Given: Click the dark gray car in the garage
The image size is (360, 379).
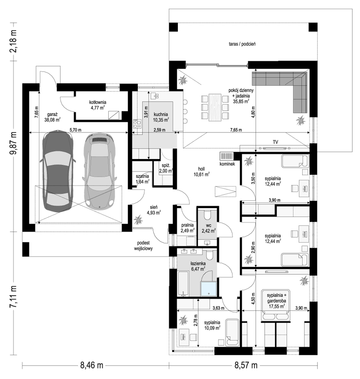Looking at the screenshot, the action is click(x=58, y=171).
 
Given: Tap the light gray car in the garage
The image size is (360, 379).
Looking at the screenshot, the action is click(x=99, y=170).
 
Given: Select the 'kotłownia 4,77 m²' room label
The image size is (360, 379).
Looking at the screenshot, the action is click(x=98, y=105).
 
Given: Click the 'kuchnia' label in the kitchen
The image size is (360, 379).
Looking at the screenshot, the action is click(x=161, y=114).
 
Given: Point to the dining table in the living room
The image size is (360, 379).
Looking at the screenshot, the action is click(x=215, y=107).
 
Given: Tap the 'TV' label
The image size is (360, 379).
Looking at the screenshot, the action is click(x=275, y=142).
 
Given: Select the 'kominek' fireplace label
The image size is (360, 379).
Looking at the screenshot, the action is click(x=227, y=164).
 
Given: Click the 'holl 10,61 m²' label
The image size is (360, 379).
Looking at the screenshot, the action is click(x=201, y=171).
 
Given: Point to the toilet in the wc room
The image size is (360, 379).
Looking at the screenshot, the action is click(x=208, y=215).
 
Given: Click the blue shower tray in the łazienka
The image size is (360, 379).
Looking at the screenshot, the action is click(x=209, y=289).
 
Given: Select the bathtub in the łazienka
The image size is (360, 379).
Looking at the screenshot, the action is click(x=183, y=284).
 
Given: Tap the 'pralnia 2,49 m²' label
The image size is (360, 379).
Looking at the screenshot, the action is click(x=188, y=228).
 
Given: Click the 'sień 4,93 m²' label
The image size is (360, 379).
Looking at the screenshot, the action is click(x=154, y=210).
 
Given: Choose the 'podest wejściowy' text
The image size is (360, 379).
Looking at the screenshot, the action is click(x=144, y=245).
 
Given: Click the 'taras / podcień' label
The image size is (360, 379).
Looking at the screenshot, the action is click(x=242, y=44).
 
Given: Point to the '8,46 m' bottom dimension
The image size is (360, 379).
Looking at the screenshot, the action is click(x=92, y=365).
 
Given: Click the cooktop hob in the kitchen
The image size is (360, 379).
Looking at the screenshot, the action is click(x=137, y=124).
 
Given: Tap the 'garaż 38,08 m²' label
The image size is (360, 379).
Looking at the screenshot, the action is click(x=52, y=117).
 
